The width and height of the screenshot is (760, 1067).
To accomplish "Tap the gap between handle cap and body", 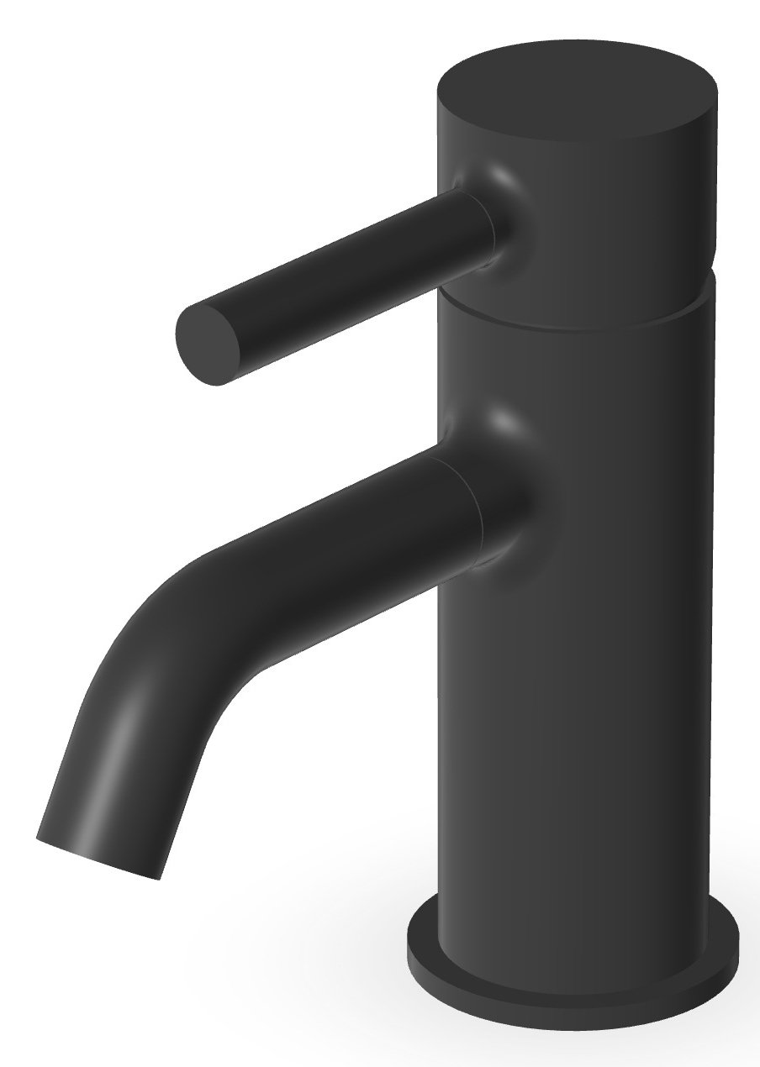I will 580,323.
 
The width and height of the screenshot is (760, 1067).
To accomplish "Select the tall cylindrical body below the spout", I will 580,714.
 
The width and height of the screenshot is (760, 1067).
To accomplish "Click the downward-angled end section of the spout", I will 109,781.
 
